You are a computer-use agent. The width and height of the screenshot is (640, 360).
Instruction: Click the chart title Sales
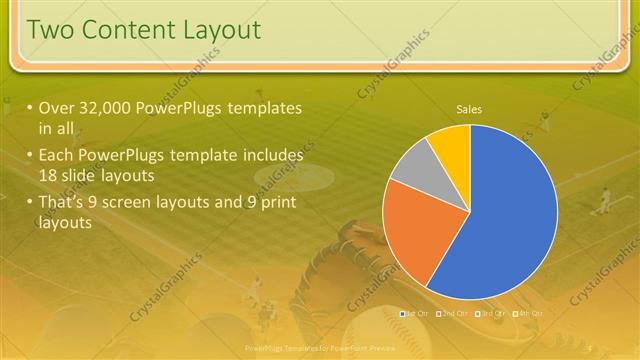pyautogui.click(x=469, y=108)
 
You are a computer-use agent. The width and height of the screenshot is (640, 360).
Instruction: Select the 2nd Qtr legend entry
pyautogui.click(x=452, y=313)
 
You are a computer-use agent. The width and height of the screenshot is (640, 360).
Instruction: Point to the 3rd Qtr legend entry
pyautogui.click(x=490, y=313)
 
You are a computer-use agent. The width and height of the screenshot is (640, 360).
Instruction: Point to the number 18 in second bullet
pyautogui.click(x=51, y=176)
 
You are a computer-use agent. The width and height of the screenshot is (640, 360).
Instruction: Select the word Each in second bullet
pyautogui.click(x=58, y=156)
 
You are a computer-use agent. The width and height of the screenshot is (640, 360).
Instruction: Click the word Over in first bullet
pyautogui.click(x=58, y=108)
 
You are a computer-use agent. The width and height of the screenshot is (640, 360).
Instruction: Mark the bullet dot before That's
pyautogui.click(x=30, y=204)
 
